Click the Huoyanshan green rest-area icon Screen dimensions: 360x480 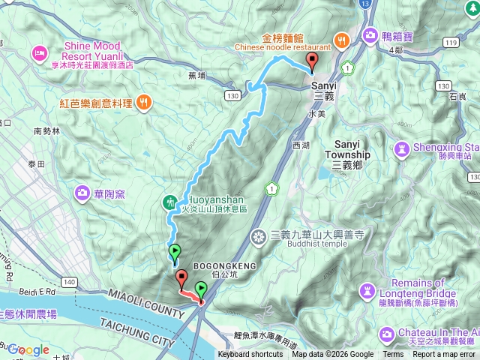coord(170,202)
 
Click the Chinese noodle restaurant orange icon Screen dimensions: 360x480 coord(340,40)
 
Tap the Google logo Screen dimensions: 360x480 coord(28,349)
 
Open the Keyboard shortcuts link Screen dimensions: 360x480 coord(250,355)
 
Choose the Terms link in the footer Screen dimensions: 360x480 coord(393,355)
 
